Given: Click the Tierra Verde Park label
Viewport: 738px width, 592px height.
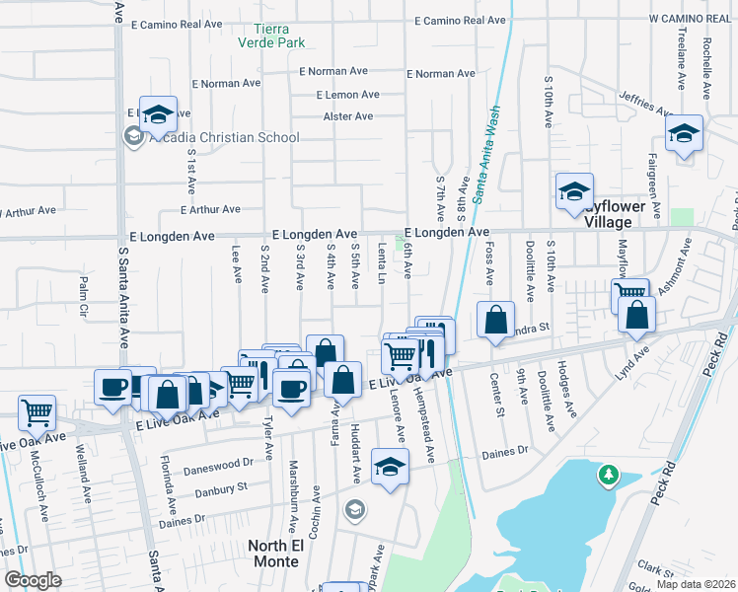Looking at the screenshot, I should pyautogui.click(x=271, y=36).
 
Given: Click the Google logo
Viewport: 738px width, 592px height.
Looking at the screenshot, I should pyautogui.click(x=34, y=580).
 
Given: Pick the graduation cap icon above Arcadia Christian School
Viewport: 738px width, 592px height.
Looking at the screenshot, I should pyautogui.click(x=157, y=114).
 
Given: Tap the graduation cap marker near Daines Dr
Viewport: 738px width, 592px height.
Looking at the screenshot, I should pyautogui.click(x=390, y=465).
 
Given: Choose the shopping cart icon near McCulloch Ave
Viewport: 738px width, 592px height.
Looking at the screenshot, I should pyautogui.click(x=37, y=409).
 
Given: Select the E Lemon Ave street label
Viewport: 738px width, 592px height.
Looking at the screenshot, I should pyautogui.click(x=347, y=95).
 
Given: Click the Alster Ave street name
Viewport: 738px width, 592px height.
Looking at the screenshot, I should pyautogui.click(x=348, y=116).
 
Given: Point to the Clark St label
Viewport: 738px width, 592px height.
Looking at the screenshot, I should pyautogui.click(x=654, y=568).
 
